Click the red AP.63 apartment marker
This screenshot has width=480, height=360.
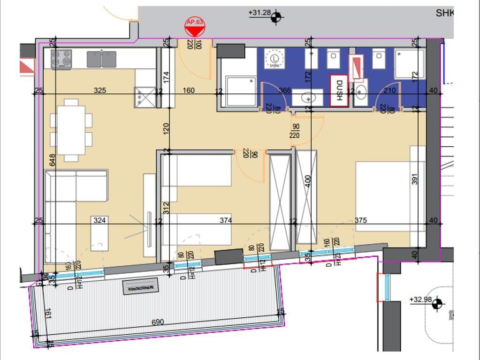[x=195, y=29]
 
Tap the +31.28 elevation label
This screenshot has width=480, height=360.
[x=260, y=13]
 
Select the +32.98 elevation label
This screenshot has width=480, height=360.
[x=420, y=300]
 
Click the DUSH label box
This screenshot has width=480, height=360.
[x=339, y=91]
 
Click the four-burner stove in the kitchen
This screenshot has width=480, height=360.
[x=61, y=59]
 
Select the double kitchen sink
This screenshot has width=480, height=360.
[x=101, y=59]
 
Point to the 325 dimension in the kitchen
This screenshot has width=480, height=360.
[x=99, y=90]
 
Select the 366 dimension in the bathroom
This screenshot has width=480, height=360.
[x=285, y=90]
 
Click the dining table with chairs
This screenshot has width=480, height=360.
[x=71, y=130]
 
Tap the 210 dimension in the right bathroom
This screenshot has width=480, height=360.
[x=389, y=90]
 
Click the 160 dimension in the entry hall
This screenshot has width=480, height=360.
[x=189, y=90]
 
